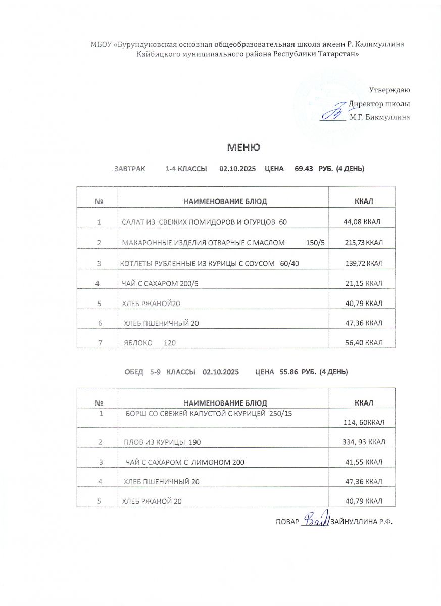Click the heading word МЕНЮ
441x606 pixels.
[243, 147]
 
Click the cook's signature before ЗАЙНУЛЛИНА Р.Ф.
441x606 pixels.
[316, 519]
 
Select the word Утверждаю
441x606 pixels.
[389, 90]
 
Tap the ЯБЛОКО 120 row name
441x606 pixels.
[150, 343]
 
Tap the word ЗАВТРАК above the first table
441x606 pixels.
[129, 169]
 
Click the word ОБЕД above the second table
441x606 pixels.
[134, 372]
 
